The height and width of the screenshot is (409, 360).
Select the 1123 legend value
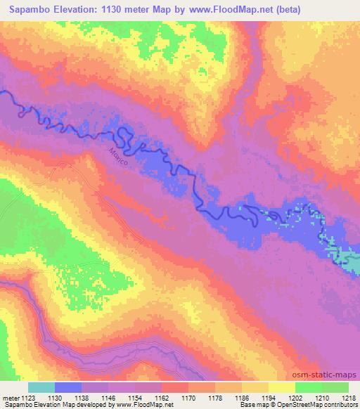27,398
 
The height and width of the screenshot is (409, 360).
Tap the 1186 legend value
243,398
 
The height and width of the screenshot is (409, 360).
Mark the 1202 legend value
296,398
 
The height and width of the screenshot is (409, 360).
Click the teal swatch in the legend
41,387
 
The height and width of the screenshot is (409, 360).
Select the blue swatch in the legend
69,387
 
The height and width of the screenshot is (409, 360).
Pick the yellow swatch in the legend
282,387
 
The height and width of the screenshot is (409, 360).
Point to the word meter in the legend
9,398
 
